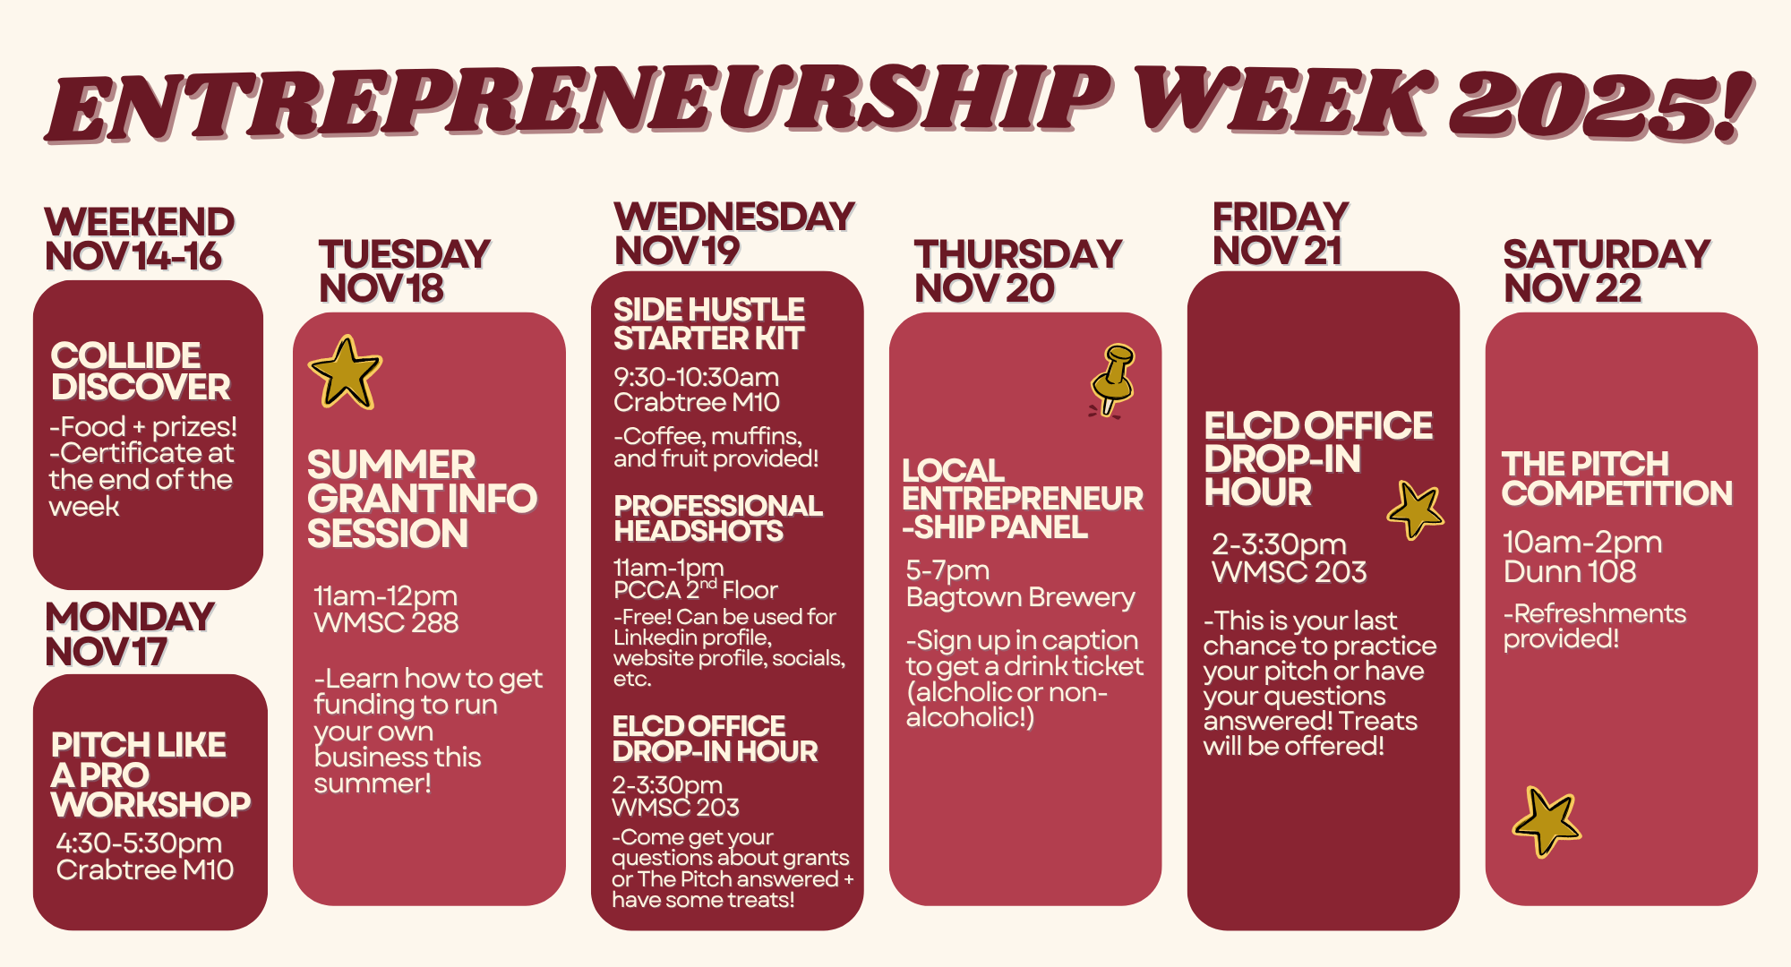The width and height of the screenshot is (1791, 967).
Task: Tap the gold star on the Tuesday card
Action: coord(345,372)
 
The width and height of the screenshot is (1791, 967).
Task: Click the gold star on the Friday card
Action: coord(1415,510)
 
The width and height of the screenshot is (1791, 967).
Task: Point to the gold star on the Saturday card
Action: coord(1547,822)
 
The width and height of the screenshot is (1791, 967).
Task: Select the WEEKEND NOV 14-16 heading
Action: coord(140,239)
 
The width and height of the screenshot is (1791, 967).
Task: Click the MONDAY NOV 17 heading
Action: coord(130,634)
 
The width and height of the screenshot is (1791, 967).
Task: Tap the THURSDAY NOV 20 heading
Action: coord(1017,271)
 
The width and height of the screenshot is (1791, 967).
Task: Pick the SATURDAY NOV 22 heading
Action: coord(1607,271)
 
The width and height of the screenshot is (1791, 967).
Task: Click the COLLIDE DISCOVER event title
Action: coord(141,371)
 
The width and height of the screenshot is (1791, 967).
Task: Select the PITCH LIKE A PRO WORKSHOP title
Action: coord(150,774)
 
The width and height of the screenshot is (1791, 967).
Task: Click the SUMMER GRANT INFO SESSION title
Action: coord(422,499)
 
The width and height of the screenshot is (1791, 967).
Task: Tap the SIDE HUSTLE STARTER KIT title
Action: coord(709,323)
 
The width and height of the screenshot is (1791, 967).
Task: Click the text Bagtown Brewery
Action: coord(1020,597)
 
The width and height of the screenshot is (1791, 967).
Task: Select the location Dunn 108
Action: coord(1570,571)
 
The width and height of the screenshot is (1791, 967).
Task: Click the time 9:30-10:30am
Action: coord(697,377)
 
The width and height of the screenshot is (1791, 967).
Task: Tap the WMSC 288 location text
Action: coord(386,622)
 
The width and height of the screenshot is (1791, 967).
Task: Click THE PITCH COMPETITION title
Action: coord(1617,478)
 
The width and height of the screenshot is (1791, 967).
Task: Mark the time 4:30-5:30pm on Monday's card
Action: coord(139,843)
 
